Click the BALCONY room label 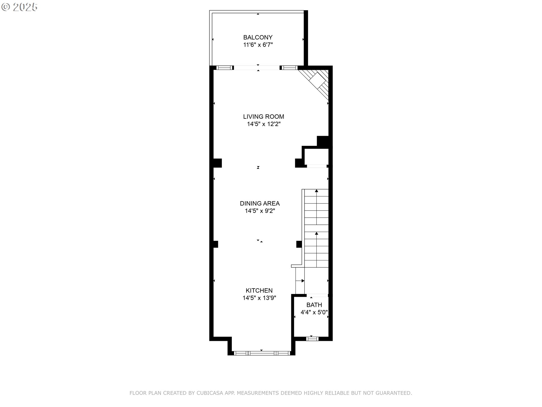coord(258,37)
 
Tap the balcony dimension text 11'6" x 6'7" coord(258,45)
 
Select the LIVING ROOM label coord(264,116)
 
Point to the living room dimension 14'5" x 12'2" coord(264,124)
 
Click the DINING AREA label coord(260,203)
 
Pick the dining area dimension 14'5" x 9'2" coord(260,211)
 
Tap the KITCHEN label coord(259,290)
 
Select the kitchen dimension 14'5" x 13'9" coord(259,298)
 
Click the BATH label coord(314,305)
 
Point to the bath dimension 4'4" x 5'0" coord(314,312)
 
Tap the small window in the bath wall coord(312,339)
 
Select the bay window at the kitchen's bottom coord(262,353)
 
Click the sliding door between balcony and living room coord(257,68)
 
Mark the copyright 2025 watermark coord(19,7)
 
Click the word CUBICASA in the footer coord(210,393)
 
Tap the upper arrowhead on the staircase coord(316,191)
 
